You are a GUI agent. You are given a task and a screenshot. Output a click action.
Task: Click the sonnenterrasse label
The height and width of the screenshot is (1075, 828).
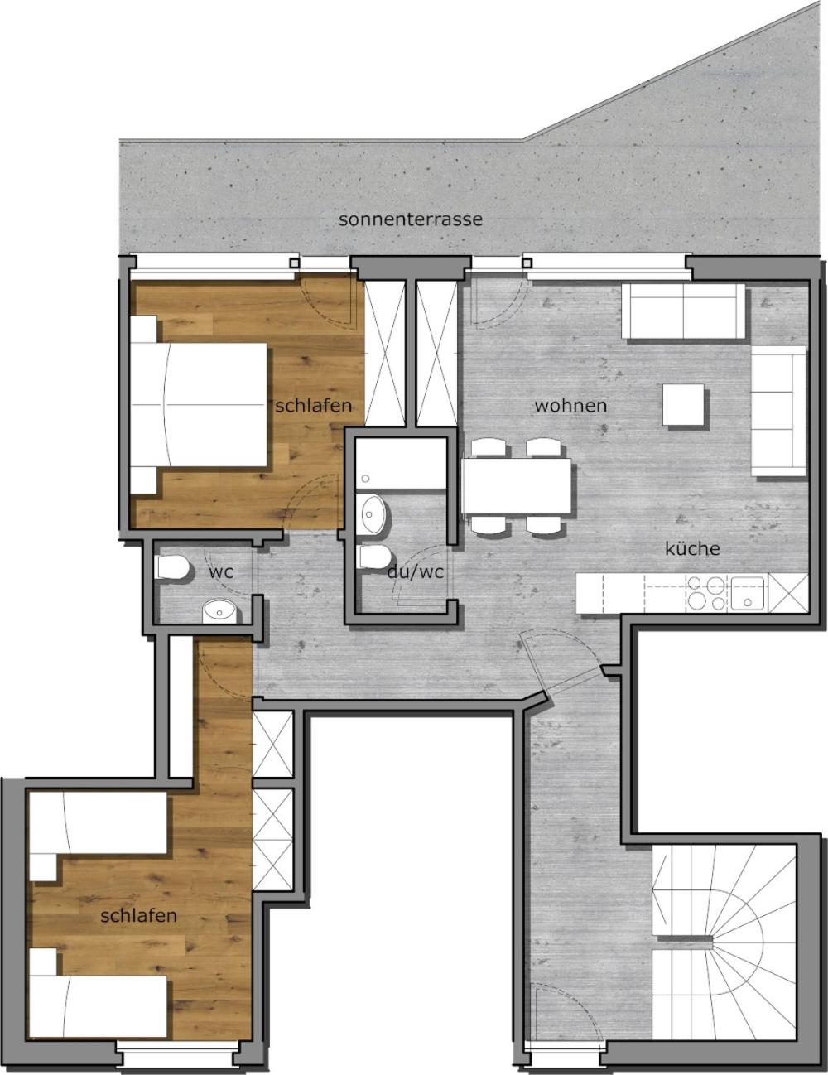click(x=411, y=219)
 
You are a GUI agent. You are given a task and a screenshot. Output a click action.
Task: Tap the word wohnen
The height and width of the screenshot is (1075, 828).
click(x=570, y=406)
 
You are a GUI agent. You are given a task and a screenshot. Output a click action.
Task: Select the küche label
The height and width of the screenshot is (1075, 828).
click(x=692, y=548)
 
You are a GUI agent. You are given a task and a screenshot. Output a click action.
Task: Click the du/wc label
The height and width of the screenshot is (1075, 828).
click(x=415, y=572)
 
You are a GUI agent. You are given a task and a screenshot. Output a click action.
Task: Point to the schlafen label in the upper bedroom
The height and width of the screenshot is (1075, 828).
click(x=314, y=406)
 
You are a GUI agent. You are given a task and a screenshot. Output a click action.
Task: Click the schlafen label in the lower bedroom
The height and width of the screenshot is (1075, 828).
click(x=138, y=915)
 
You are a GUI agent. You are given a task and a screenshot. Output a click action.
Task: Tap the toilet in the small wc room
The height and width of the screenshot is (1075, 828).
click(x=171, y=567)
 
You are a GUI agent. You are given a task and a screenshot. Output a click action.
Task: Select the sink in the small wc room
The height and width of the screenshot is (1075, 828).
click(x=219, y=611)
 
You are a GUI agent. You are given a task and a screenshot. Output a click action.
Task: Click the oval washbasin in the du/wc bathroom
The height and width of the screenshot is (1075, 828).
click(x=373, y=514)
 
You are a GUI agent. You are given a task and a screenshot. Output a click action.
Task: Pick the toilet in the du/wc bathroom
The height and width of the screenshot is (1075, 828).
click(x=374, y=557)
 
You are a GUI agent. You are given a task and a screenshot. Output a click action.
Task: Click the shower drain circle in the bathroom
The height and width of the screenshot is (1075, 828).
click(x=365, y=478)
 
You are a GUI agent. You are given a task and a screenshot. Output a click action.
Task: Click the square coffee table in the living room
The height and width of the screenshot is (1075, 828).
click(x=684, y=405)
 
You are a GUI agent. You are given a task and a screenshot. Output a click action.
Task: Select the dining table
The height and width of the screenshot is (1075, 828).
click(x=516, y=486)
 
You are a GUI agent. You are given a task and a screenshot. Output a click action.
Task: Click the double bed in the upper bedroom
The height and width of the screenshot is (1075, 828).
click(x=200, y=405)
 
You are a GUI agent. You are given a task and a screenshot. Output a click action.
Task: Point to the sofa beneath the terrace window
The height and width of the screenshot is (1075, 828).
click(x=683, y=311)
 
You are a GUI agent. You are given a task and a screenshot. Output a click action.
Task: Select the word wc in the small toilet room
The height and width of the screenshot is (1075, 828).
click(x=220, y=572)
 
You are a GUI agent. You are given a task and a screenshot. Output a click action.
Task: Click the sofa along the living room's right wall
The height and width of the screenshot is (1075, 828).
click(x=779, y=411)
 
